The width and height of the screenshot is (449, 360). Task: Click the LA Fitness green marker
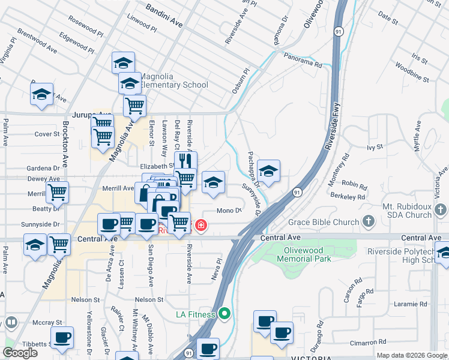click(x=225, y=313)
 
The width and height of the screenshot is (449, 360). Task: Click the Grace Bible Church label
click(x=323, y=223)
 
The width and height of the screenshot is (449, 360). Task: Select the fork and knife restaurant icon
click(x=185, y=161)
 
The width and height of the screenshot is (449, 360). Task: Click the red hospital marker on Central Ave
click(x=201, y=226)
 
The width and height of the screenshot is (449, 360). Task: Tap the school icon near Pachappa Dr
click(x=268, y=170)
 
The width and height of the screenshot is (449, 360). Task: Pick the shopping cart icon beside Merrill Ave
click(x=58, y=193)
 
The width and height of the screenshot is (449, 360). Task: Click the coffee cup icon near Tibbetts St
click(x=61, y=337)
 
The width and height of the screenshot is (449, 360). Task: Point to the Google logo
click(x=20, y=353)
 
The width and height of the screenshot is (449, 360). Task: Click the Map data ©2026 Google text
click(x=411, y=355)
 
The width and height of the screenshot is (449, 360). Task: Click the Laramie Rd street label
click(x=412, y=304)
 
